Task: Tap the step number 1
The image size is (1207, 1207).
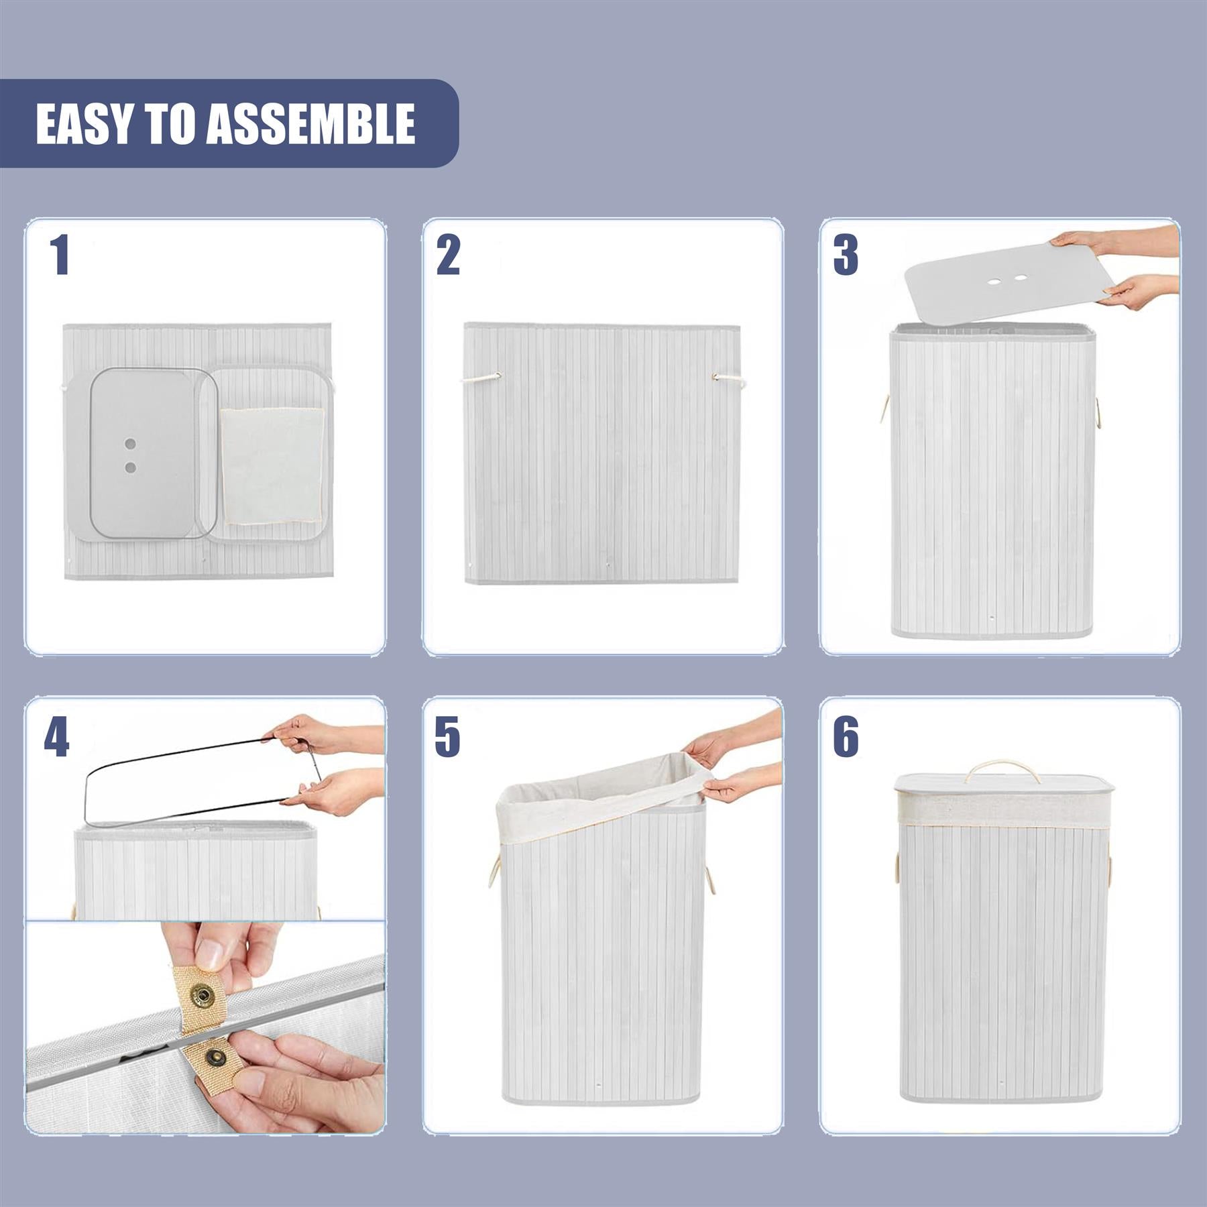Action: coord(61,255)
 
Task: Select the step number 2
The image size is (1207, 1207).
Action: coord(448,255)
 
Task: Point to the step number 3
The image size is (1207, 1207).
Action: coord(846,255)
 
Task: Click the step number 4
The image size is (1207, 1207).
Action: coord(56,737)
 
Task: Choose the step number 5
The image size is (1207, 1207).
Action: coord(447,737)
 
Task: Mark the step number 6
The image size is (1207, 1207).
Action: coord(846,737)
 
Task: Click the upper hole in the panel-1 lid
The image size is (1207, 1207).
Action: coord(131,444)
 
